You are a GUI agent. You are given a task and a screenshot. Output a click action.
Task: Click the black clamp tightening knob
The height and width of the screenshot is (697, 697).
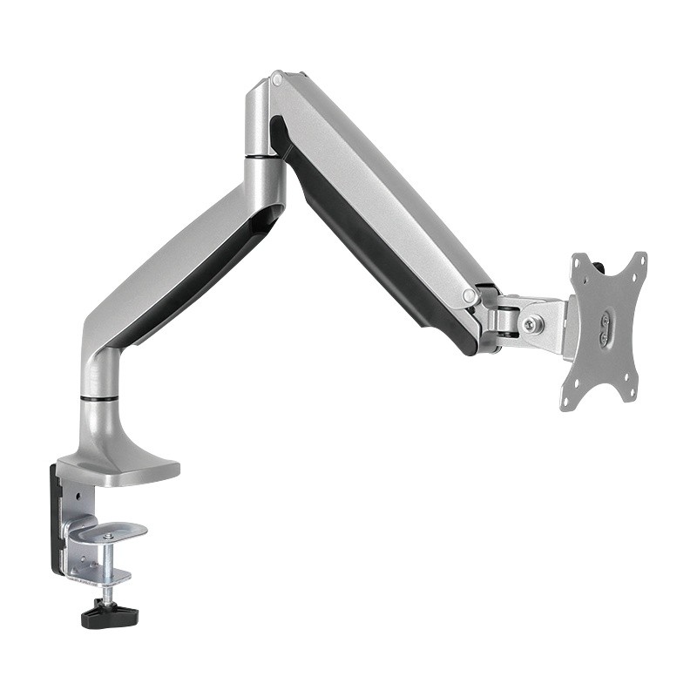coord(110,615)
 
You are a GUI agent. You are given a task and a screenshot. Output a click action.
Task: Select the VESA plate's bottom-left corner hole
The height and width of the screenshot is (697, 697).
coord(567,402)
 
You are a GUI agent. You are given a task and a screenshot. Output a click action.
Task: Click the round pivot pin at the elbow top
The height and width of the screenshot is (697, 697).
coord(277,80)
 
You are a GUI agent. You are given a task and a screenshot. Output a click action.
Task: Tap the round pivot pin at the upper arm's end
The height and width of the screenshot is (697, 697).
coord(470,296)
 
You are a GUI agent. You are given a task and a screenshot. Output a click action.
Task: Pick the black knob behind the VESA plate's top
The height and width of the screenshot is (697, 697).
coord(601,262)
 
